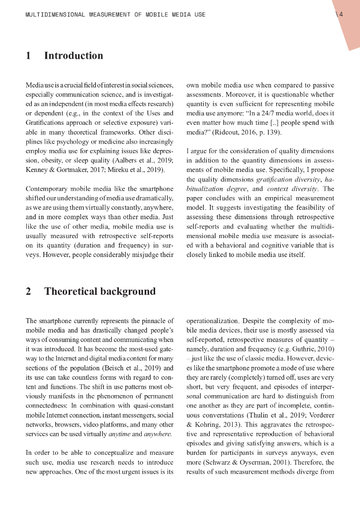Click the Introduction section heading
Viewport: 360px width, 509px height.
tap(74, 56)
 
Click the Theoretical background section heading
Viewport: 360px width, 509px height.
tap(99, 291)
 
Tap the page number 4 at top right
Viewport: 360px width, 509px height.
tap(341, 14)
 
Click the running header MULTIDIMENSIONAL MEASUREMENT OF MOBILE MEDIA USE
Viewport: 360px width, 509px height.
tap(115, 15)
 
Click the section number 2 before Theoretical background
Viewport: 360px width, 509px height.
tap(28, 291)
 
